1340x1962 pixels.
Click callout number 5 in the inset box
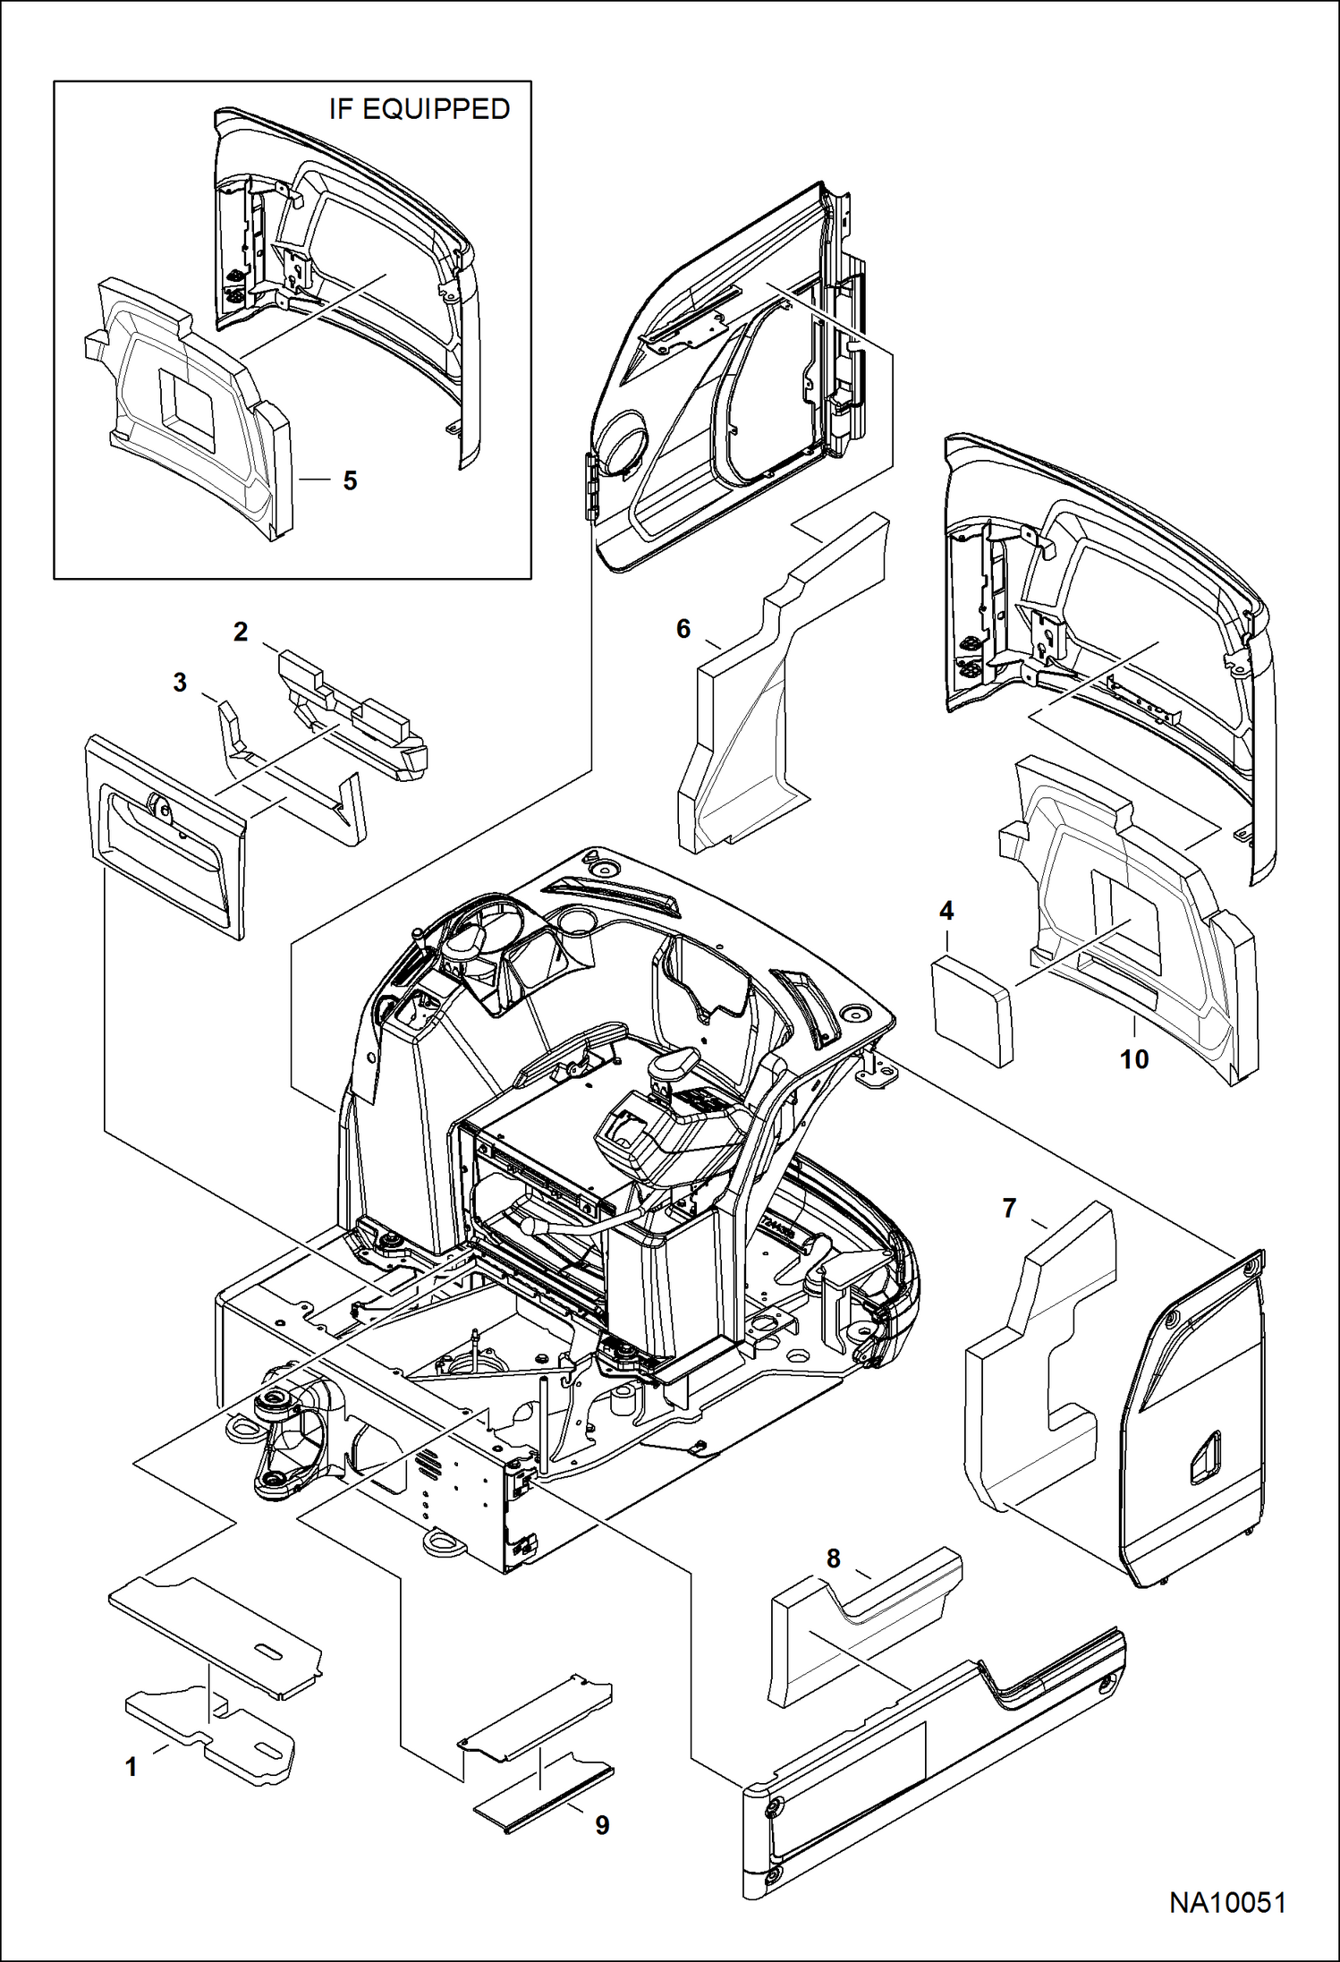tap(350, 481)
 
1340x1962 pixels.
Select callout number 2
tap(241, 633)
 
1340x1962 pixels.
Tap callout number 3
tap(180, 683)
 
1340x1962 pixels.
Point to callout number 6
tap(683, 629)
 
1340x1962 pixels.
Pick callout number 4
tap(946, 912)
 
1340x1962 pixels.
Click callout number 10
tap(1134, 1059)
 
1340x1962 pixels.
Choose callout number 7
tap(1009, 1209)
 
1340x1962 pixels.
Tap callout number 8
tap(834, 1559)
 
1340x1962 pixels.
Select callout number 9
tap(602, 1825)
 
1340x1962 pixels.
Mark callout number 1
tap(131, 1767)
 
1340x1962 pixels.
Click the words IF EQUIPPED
tap(419, 109)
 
